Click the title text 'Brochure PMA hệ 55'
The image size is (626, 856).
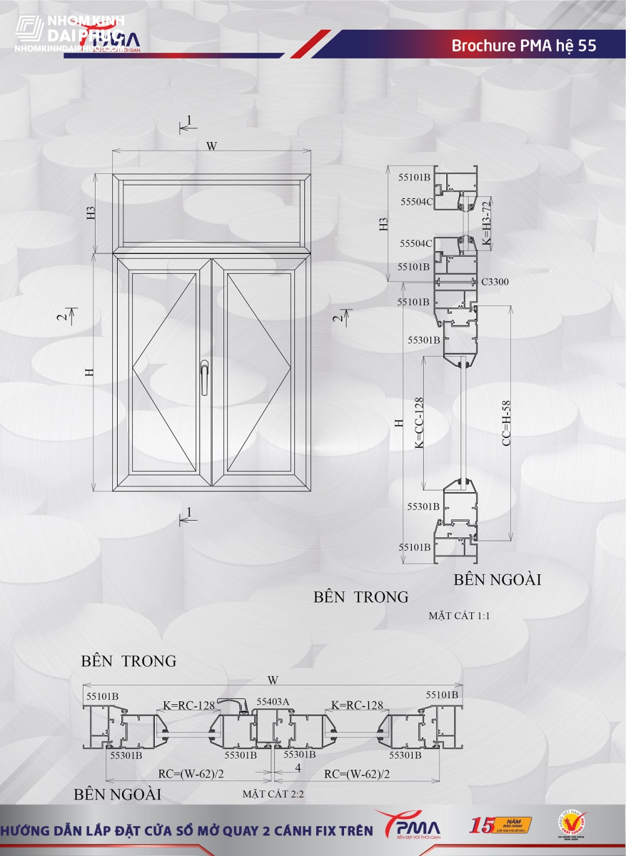523,46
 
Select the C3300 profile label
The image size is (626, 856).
495,282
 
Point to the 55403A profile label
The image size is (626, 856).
273,702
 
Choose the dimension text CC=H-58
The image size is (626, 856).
505,424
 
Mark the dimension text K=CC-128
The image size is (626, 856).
420,423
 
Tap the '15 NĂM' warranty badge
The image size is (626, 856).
500,825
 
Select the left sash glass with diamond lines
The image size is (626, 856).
164,372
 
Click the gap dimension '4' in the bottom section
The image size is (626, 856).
297,768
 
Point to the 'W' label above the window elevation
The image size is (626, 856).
211,146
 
